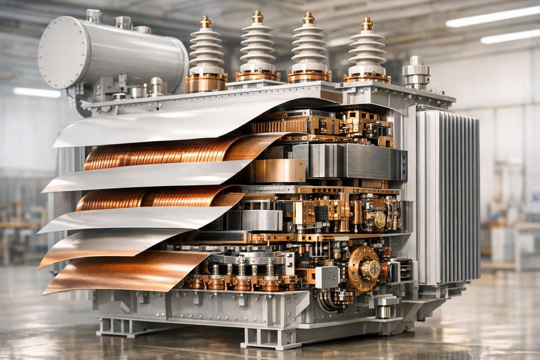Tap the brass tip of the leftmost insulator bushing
tap(206, 22)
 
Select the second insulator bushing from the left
tap(258, 47)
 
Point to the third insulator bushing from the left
tap(309, 47)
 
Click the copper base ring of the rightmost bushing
tap(367, 77)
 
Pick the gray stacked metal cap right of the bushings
tap(416, 73)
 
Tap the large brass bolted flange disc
tap(364, 269)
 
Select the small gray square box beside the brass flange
tap(327, 277)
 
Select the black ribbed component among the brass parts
tap(322, 213)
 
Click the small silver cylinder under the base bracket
tap(384, 311)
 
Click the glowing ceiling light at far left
tap(37, 92)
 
